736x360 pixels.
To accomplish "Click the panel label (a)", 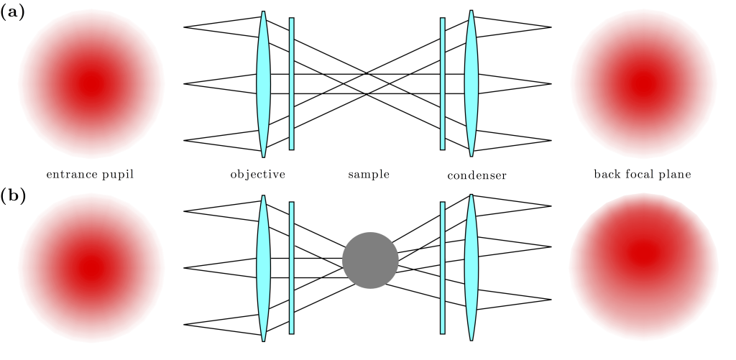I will click(x=13, y=12).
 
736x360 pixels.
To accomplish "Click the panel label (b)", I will click(x=13, y=196).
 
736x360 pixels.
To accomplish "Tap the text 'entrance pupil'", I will click(x=90, y=175).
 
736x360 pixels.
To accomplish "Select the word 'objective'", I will click(x=258, y=175).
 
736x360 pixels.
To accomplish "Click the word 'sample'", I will click(x=369, y=175).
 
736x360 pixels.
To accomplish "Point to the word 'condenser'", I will click(x=477, y=175).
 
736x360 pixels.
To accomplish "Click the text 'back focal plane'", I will click(x=643, y=175).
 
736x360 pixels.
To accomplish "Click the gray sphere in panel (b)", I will click(x=370, y=260).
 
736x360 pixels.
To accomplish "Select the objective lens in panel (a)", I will click(x=264, y=83).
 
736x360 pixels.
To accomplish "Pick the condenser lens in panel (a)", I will click(x=471, y=83).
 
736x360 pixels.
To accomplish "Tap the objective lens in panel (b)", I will click(x=264, y=268).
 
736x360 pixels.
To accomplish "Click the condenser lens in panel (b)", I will click(x=471, y=268).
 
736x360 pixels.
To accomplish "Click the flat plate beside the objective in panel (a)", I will click(x=292, y=83).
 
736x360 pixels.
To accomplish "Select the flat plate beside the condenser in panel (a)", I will click(x=443, y=83).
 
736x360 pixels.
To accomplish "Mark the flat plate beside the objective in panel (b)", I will click(x=292, y=268).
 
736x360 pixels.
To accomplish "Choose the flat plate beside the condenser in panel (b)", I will click(x=443, y=268).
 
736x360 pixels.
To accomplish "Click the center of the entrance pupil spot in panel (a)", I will click(x=91, y=83).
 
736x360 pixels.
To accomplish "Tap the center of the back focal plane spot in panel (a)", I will click(x=644, y=83).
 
